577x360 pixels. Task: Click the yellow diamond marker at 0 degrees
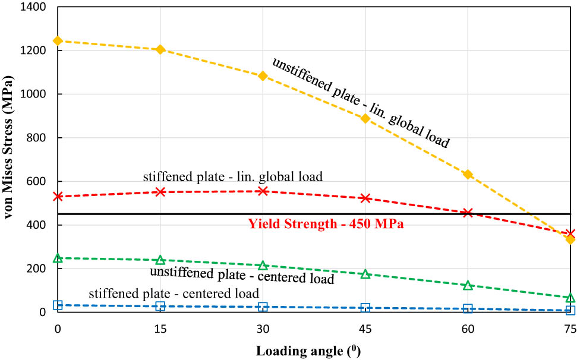(58, 41)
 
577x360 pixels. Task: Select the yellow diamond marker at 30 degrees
(263, 76)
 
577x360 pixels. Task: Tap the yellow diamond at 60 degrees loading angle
(468, 174)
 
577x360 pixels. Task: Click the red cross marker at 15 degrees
(160, 192)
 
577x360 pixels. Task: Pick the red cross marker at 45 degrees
(365, 198)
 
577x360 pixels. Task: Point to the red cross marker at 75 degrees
(570, 234)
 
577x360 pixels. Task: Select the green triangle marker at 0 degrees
(58, 258)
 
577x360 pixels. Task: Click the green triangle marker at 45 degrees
(365, 274)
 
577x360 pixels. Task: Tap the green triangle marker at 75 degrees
(570, 297)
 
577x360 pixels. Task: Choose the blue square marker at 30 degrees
(263, 307)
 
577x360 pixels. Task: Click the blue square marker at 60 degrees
(468, 308)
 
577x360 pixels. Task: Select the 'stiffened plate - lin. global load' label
(233, 176)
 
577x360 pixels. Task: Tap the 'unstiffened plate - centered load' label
(242, 275)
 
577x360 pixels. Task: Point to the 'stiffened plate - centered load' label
(174, 293)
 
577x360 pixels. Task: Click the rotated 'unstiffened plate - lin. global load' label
(361, 103)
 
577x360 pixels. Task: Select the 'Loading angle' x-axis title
(308, 350)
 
